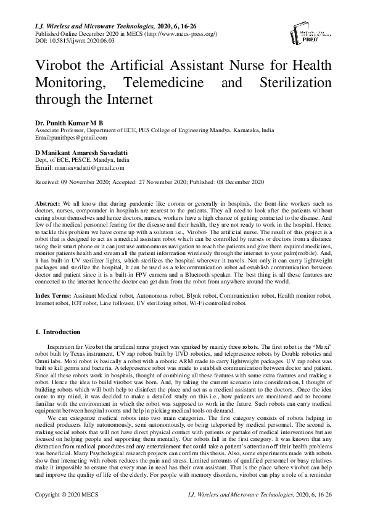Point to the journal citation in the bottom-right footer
click(274, 496)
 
